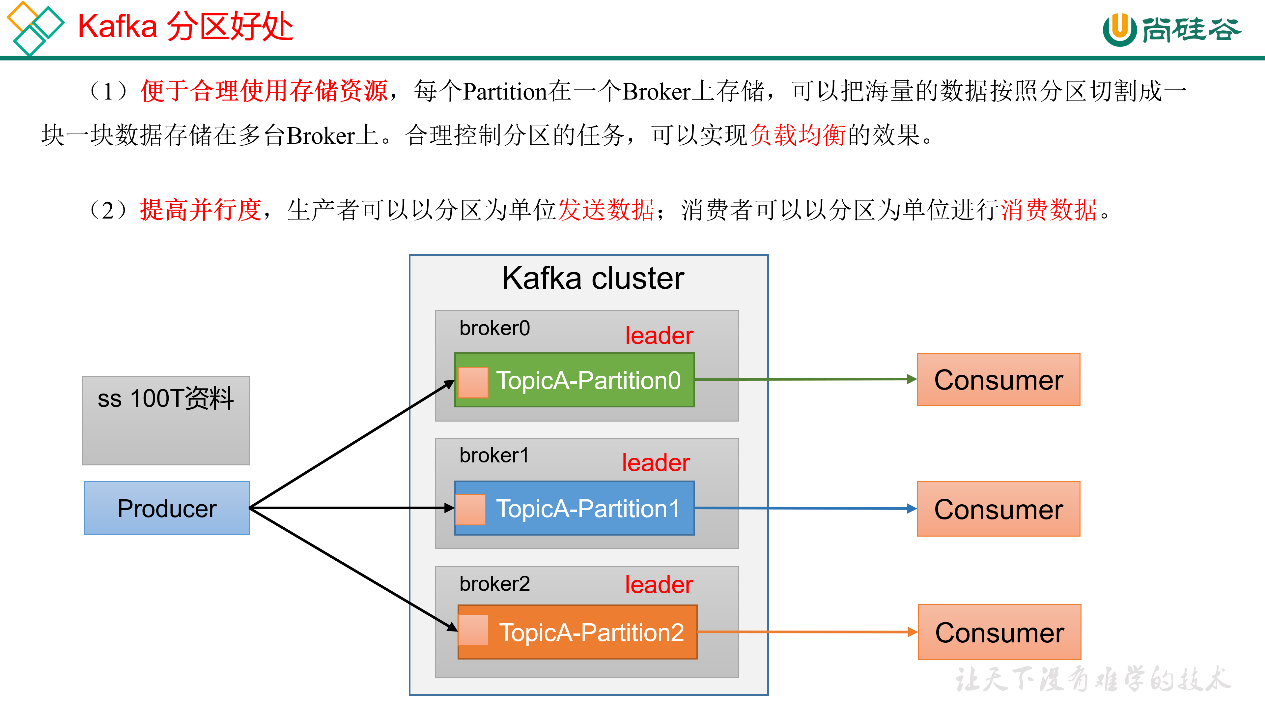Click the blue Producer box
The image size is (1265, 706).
[167, 508]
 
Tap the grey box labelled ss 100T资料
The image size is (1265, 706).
[166, 421]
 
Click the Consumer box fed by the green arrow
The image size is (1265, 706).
[998, 380]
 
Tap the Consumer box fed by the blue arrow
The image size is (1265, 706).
[998, 509]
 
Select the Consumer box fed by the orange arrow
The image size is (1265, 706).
[999, 632]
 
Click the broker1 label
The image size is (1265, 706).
[494, 456]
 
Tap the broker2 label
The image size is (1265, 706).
[494, 584]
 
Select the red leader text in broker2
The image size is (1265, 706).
[659, 585]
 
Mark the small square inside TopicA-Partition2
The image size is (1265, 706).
[473, 630]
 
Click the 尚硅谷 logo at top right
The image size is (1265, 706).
[1171, 29]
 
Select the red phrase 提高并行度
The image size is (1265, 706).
[200, 210]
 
